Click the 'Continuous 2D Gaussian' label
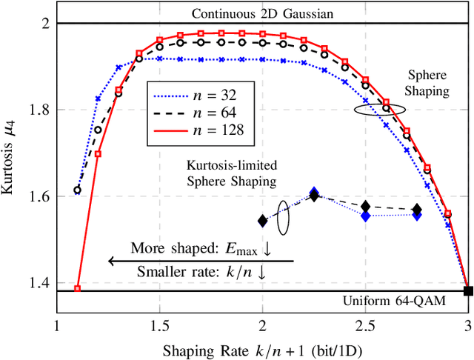[262, 13]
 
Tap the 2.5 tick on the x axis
[364, 327]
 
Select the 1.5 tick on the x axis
[159, 327]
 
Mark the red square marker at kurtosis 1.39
[77, 288]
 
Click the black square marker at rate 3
[467, 290]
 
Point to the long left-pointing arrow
[200, 261]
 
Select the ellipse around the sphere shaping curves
[379, 108]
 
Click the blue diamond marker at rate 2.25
[314, 193]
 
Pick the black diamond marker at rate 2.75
[417, 210]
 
